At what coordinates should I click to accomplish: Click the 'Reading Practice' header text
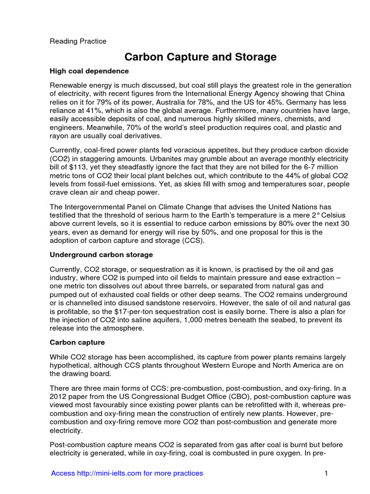pyautogui.click(x=78, y=41)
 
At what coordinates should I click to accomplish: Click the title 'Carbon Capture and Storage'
pyautogui.click(x=200, y=57)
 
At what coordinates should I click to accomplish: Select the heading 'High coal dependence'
pyautogui.click(x=89, y=71)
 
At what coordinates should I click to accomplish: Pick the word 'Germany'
pyautogui.click(x=320, y=102)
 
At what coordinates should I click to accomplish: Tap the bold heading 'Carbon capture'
pyautogui.click(x=77, y=342)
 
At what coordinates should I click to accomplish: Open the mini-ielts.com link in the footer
pyautogui.click(x=127, y=473)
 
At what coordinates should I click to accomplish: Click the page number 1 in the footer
pyautogui.click(x=326, y=473)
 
